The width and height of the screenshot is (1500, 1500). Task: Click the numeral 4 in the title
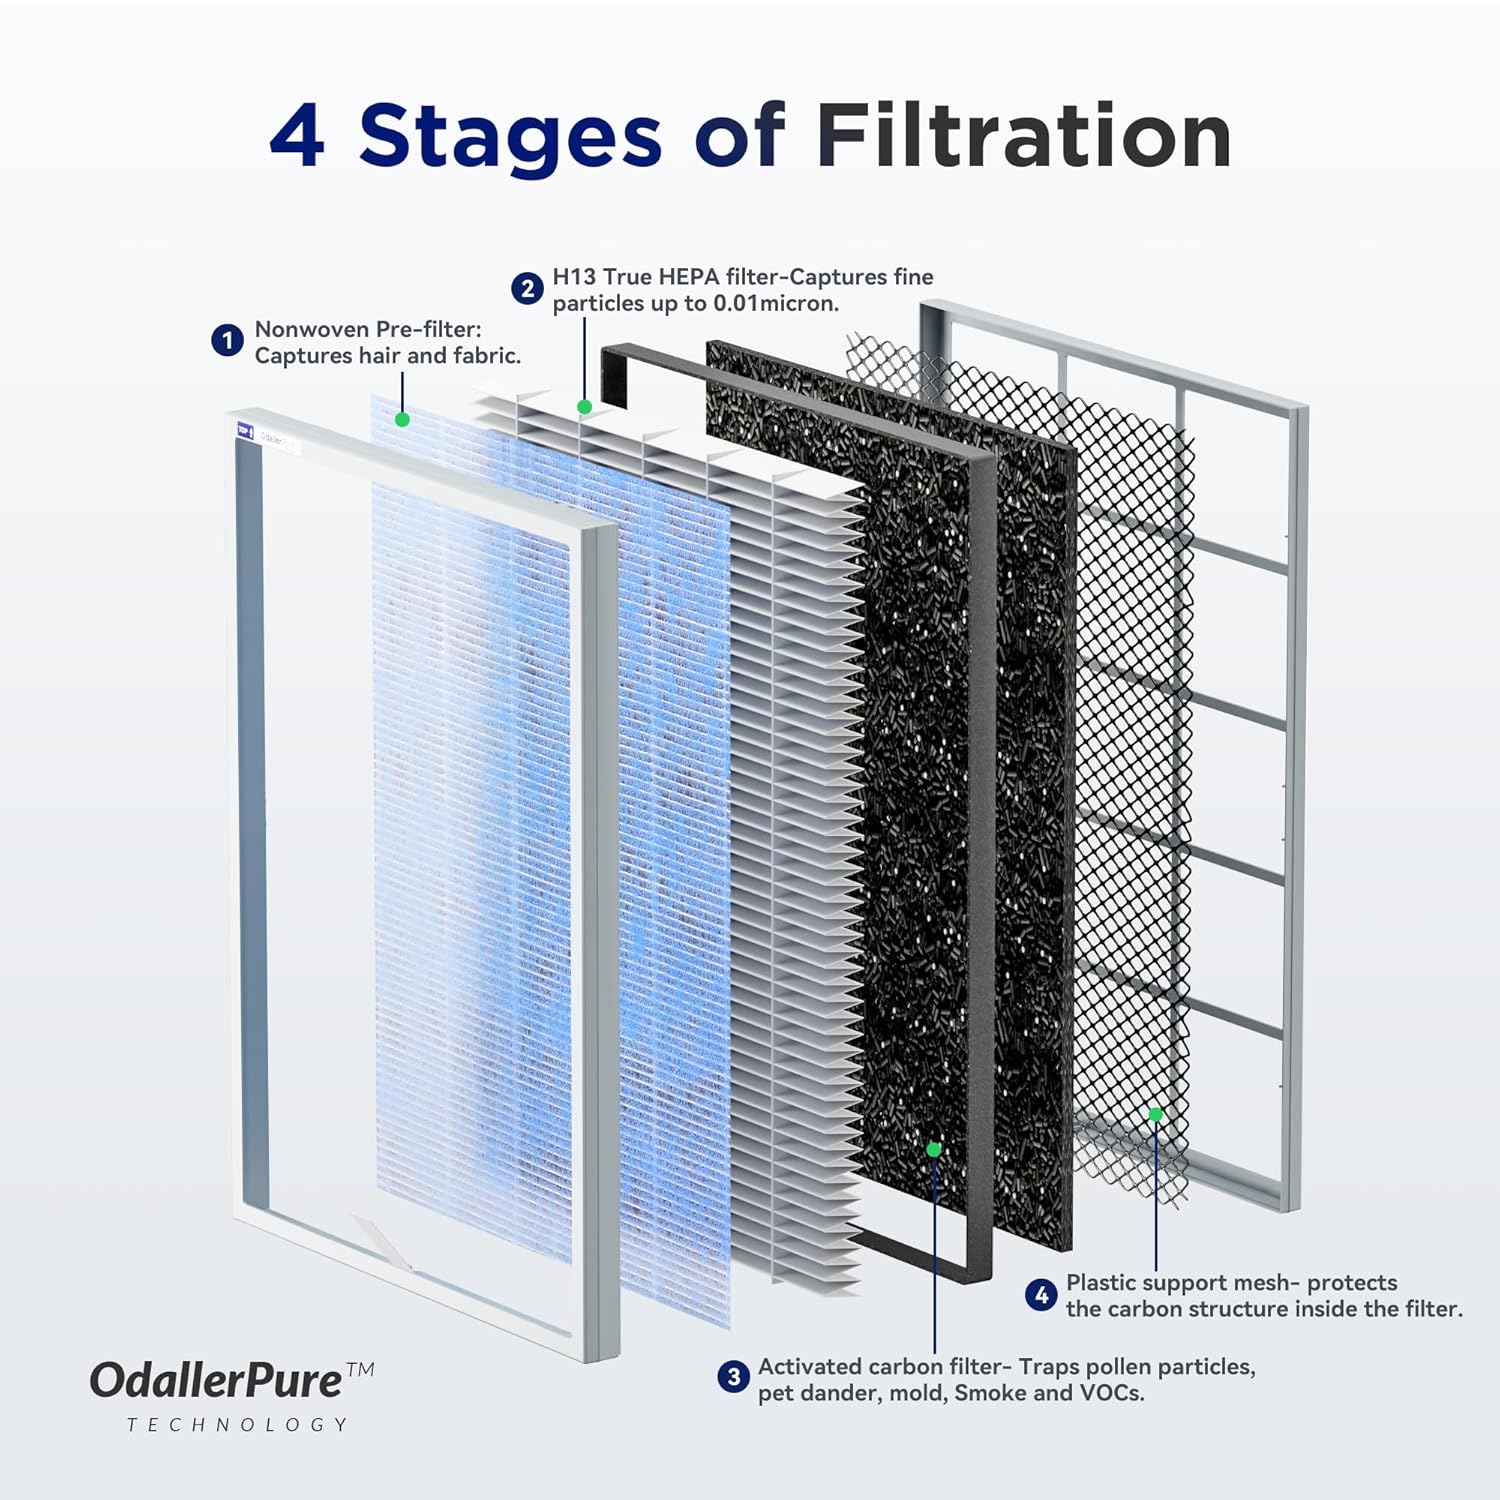298,136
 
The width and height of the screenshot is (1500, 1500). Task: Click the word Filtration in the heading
1022,136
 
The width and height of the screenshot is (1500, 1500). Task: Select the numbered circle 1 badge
227,341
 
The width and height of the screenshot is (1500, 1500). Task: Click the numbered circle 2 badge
527,289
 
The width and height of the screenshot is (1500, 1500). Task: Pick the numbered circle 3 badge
733,1377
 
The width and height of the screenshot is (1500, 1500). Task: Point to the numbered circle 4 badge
1041,1295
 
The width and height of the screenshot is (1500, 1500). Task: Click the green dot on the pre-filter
402,419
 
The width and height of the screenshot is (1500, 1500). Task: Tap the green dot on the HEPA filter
584,407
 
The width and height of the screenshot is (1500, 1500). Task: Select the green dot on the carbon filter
934,1149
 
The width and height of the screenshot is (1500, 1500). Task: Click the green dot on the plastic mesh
1156,1114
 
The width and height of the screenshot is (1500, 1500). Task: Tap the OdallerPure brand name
216,1381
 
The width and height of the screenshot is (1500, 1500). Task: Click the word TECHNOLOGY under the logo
237,1424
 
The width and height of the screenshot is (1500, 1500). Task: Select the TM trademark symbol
359,1369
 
